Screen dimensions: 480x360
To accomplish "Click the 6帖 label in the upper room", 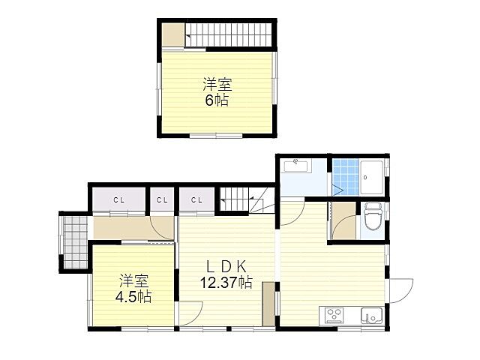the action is coord(217,100).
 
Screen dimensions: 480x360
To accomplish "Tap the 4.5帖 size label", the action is coord(133,296).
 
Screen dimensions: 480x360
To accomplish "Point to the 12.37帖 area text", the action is coord(226,282).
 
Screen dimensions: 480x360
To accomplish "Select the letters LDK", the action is coord(226,267).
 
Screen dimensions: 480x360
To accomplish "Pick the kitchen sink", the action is coord(371,315).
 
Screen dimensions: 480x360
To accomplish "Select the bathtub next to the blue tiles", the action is coord(372,178).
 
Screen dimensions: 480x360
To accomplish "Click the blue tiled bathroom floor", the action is coord(346,177).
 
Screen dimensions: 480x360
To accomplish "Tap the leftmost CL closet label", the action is coord(118,200).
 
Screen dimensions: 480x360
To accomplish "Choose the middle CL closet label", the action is coord(162,200).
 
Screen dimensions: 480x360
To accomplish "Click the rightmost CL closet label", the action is coord(196,200).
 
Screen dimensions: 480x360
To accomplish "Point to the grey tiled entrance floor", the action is coord(75,242).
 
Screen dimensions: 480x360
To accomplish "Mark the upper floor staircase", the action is coord(229,35).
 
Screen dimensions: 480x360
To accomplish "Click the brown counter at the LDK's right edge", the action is coord(268,304).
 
